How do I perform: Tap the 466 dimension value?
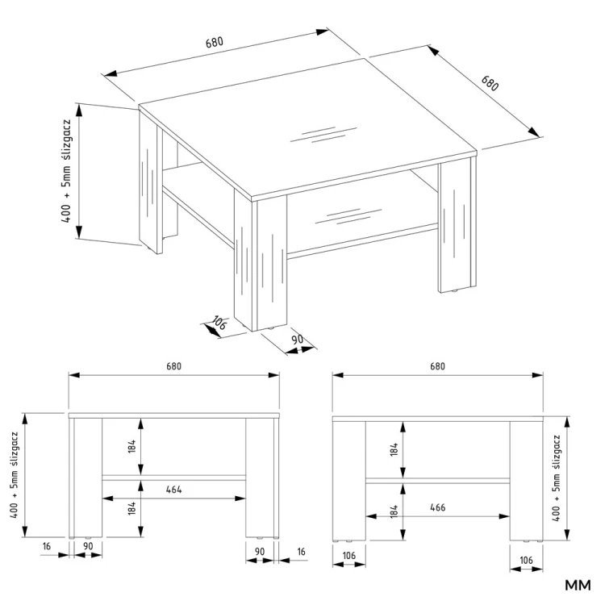[437, 507]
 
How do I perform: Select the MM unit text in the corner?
[578, 584]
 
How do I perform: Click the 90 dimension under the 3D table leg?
[296, 340]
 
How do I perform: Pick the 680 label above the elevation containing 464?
[173, 365]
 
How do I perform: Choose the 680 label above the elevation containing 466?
[437, 365]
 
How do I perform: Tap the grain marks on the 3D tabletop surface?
[321, 133]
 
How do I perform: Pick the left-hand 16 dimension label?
[47, 547]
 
